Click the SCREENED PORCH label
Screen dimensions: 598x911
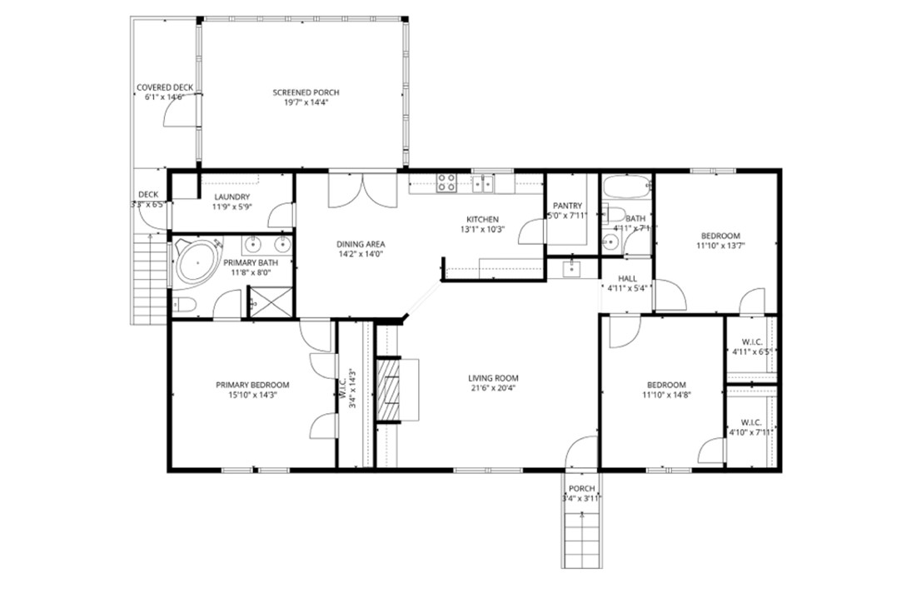coord(306,92)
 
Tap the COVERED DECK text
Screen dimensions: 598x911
coord(165,87)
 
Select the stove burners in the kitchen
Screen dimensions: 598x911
coord(446,182)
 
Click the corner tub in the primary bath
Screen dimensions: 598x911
coord(197,263)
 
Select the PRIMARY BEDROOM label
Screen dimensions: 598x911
coord(252,385)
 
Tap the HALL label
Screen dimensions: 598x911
coord(629,278)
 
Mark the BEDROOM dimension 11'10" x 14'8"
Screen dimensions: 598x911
coord(666,395)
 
